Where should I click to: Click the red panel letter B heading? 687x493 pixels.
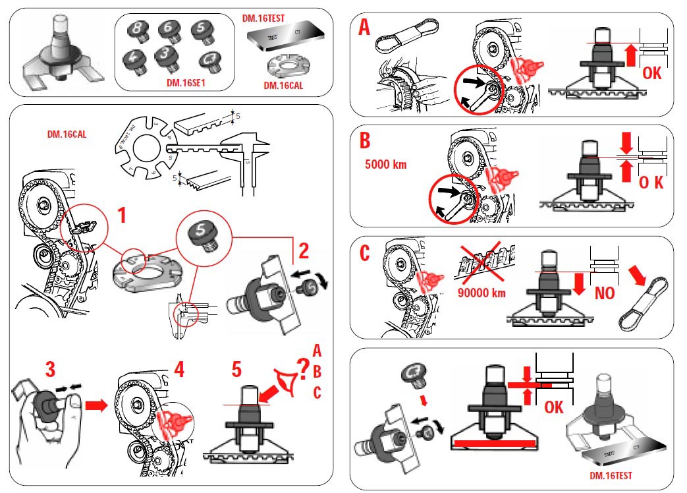pyautogui.click(x=364, y=140)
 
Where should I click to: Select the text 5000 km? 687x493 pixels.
pyautogui.click(x=385, y=164)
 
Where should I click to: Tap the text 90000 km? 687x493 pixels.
pyautogui.click(x=481, y=293)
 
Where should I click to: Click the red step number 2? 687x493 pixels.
pyautogui.click(x=303, y=250)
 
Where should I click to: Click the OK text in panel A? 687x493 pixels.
pyautogui.click(x=651, y=72)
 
